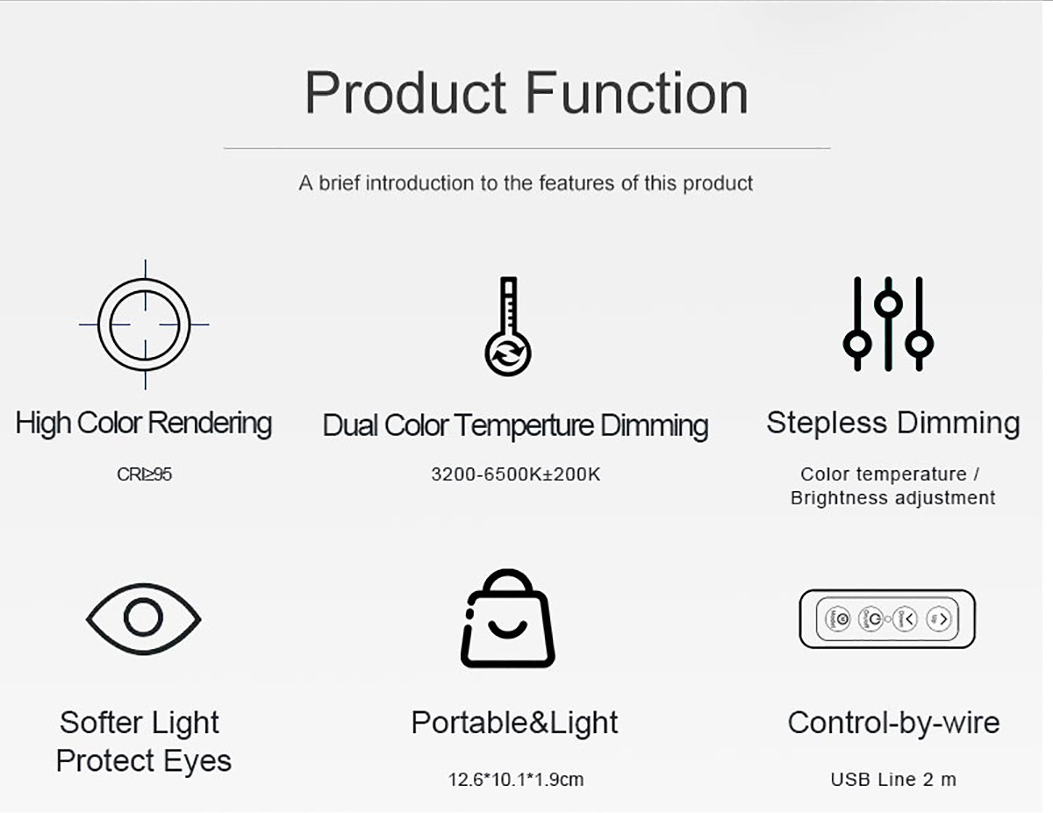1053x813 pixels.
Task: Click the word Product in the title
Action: tap(405, 92)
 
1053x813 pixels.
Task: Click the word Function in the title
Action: tap(637, 92)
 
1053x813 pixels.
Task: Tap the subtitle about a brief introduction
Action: tap(526, 183)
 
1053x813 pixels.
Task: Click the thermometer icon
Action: tap(508, 326)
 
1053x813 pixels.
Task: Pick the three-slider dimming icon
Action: tap(888, 324)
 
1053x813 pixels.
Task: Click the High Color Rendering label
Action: tap(143, 424)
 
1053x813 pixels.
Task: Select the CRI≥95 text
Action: tap(145, 474)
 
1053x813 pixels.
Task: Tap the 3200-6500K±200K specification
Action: tap(516, 474)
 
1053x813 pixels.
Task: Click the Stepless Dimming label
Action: tap(893, 422)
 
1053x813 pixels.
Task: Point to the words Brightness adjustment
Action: tap(893, 498)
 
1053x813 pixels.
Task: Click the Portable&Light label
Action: tap(514, 723)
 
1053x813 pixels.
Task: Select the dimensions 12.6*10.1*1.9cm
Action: tap(516, 780)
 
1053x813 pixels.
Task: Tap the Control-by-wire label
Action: tap(893, 723)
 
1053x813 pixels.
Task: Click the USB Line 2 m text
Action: tap(893, 780)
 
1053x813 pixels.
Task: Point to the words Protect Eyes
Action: tap(144, 761)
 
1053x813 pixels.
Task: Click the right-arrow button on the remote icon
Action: tap(939, 619)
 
